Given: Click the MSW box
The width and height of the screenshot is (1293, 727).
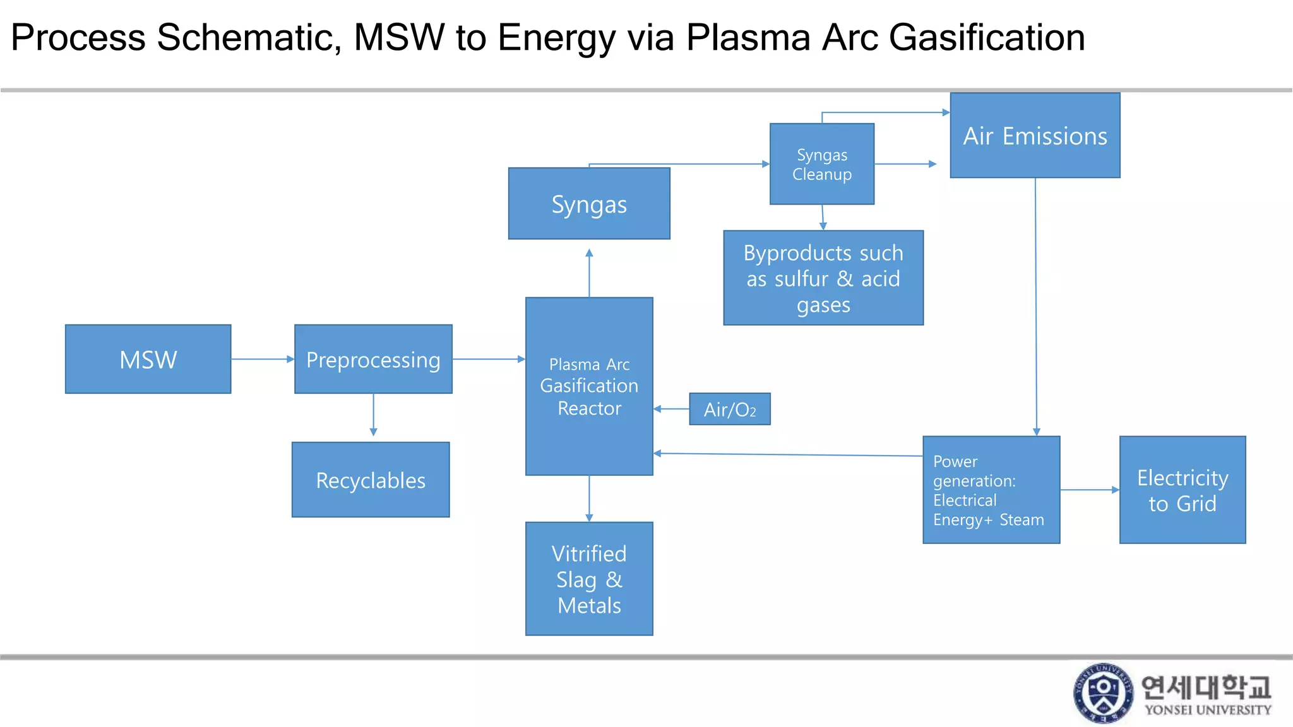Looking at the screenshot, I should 148,359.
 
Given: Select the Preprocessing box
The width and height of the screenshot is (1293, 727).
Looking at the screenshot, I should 373,359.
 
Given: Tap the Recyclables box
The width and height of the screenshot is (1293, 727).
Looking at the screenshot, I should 371,480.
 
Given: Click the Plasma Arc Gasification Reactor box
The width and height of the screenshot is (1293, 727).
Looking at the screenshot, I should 589,386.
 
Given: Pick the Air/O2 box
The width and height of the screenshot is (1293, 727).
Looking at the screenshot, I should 729,409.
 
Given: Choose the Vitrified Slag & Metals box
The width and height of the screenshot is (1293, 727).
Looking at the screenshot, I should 589,579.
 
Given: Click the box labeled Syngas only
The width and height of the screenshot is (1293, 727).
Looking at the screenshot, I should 589,204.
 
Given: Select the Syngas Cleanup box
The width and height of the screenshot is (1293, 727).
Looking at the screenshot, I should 822,164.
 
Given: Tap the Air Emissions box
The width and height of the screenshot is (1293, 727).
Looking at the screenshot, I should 1035,136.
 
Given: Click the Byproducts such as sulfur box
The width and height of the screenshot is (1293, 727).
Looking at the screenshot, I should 823,278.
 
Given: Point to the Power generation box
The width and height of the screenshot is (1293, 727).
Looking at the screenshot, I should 991,490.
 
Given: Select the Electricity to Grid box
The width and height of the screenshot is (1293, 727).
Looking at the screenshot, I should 1182,490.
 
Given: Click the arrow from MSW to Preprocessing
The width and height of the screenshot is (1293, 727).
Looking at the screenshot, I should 263,359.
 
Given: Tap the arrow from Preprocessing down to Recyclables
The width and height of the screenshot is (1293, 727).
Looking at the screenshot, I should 373,415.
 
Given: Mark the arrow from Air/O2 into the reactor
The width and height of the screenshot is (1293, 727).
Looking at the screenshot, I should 671,409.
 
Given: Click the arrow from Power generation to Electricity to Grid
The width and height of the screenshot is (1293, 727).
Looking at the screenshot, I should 1090,490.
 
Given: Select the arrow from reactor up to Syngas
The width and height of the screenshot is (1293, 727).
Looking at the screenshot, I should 589,272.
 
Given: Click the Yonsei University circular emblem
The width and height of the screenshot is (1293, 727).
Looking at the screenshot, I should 1103,693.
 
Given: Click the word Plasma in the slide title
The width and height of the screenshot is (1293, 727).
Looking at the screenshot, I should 748,37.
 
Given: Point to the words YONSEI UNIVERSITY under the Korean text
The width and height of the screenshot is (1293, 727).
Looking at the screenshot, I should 1208,710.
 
